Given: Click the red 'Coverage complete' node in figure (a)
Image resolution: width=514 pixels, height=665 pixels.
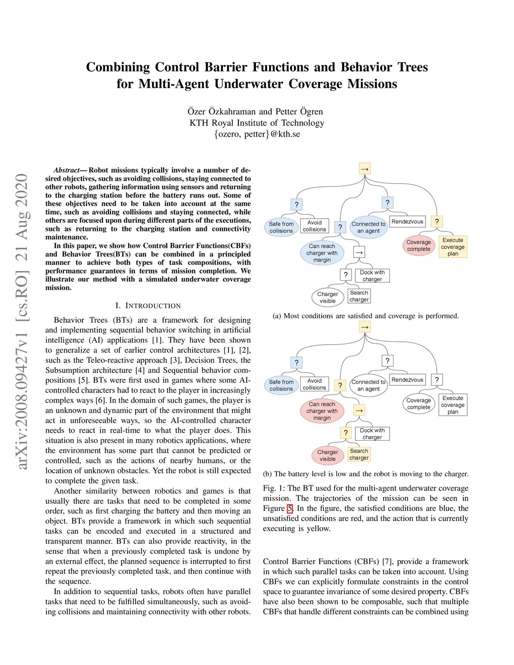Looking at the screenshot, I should [419, 245].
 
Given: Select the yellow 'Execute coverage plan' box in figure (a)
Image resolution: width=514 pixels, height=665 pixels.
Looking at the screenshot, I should [453, 247].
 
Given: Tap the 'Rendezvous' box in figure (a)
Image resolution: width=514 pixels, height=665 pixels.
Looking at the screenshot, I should [407, 222].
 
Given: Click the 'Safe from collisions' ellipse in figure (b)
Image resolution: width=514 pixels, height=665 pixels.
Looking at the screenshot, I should [281, 385].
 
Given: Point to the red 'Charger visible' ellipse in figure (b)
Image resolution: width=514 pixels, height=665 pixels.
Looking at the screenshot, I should [327, 455].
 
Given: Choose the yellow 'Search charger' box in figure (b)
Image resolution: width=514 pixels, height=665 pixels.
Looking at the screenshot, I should [359, 454].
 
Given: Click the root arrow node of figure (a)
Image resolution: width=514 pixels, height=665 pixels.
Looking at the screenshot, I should [365, 169].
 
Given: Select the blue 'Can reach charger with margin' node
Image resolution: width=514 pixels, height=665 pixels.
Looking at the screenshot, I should [322, 253].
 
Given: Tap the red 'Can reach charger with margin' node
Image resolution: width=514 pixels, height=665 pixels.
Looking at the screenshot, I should [322, 411].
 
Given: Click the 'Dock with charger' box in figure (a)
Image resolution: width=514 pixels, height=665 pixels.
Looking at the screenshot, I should [372, 276].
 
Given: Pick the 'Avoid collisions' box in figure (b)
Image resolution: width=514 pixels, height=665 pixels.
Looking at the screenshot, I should [314, 384].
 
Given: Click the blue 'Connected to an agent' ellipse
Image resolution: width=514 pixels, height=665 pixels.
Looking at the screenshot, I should [368, 227].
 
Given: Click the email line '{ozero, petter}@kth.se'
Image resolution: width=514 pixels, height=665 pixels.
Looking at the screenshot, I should [257, 134].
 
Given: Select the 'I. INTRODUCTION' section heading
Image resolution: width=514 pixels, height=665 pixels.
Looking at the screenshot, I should [148, 306].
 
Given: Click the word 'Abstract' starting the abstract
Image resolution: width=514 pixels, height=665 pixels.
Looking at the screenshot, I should [67, 170].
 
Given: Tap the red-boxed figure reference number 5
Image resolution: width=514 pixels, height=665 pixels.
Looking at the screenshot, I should [290, 508].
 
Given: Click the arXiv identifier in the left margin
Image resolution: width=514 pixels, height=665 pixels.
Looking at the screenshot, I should [22, 321].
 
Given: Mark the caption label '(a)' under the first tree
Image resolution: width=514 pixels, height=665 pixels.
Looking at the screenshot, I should [277, 316].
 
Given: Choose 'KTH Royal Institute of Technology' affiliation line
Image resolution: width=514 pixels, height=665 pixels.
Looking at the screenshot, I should [257, 123].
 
